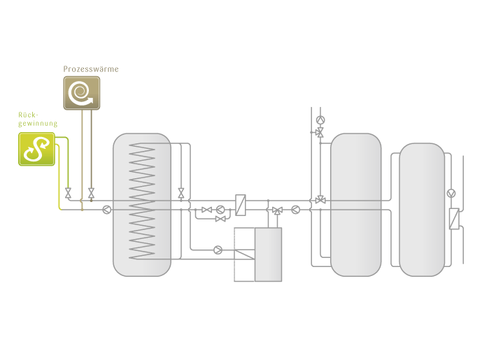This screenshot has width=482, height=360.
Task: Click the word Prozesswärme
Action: [91, 69]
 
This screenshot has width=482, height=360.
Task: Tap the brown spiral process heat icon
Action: [82, 93]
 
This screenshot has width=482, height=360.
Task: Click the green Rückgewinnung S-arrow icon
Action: [36, 149]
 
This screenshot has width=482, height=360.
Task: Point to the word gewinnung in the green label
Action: [38, 124]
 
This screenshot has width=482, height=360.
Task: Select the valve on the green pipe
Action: [69, 193]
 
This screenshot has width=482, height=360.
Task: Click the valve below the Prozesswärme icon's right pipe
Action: [92, 193]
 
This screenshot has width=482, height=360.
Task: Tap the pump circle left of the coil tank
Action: [106, 210]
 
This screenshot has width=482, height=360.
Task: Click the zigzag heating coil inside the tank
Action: [142, 201]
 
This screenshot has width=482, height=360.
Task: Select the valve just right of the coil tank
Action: [181, 193]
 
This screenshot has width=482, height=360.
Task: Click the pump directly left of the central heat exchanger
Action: [220, 210]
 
